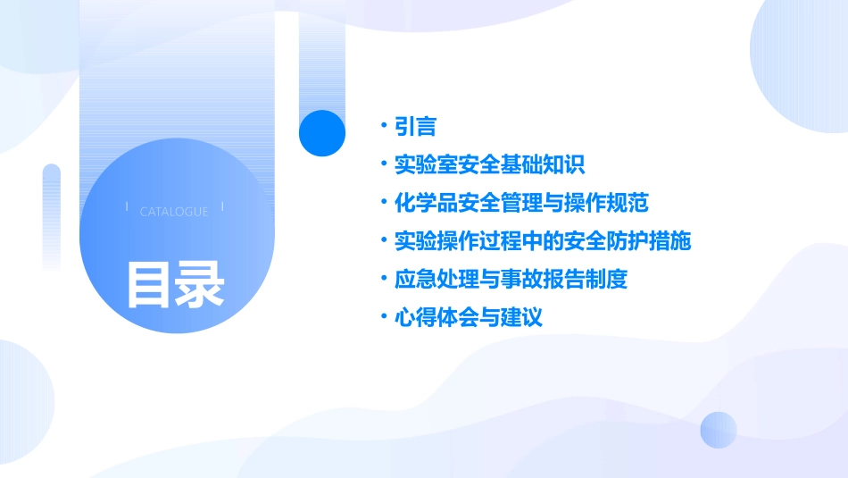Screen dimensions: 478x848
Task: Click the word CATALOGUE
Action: [x=174, y=212]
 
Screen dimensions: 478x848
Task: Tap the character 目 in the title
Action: [x=148, y=284]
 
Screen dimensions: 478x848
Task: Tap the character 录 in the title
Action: [x=199, y=284]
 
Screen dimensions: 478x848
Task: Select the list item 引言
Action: [x=415, y=127]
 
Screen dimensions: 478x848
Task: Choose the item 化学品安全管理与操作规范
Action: [x=521, y=203]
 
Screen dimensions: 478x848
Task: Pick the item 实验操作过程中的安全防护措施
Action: [x=543, y=241]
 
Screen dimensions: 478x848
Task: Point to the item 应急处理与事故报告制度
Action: [x=511, y=279]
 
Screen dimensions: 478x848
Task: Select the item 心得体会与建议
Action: [x=468, y=317]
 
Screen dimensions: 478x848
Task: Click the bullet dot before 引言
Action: [x=383, y=127]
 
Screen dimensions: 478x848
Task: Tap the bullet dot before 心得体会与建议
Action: [x=383, y=317]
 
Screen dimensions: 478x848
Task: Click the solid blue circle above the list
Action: [x=322, y=133]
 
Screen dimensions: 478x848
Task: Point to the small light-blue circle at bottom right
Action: [x=719, y=430]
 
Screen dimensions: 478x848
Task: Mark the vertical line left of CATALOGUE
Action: [x=128, y=207]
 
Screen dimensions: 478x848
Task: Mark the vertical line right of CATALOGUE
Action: [x=221, y=207]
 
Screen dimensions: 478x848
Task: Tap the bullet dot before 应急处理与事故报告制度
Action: [x=383, y=279]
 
